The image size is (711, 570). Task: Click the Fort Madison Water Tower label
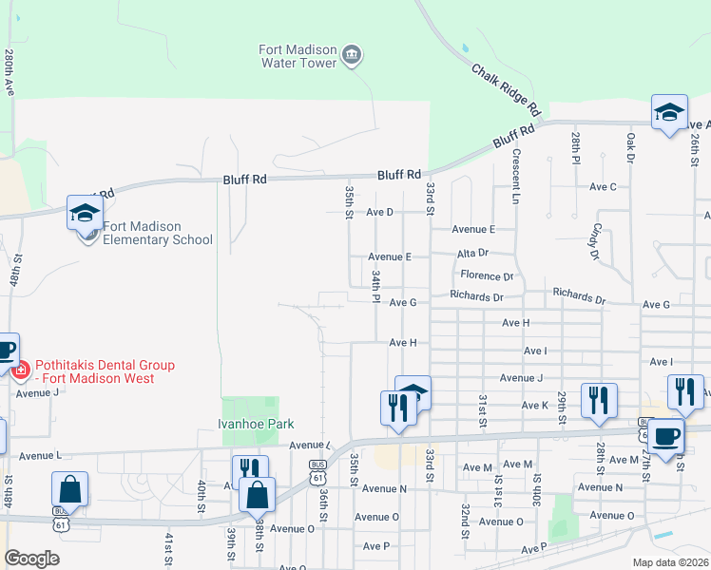298,56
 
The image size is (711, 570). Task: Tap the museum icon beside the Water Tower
352,55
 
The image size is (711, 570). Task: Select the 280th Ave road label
10,72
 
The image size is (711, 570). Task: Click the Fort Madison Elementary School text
158,233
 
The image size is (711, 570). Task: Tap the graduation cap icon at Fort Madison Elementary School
85,213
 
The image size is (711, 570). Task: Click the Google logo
31,558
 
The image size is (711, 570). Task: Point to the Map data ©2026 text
670,562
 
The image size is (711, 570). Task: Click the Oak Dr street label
630,147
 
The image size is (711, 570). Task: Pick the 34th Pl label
376,282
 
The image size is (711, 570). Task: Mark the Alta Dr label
471,253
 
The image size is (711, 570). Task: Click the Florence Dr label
487,276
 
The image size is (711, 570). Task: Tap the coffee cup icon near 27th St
665,436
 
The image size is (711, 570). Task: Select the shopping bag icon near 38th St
257,494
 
